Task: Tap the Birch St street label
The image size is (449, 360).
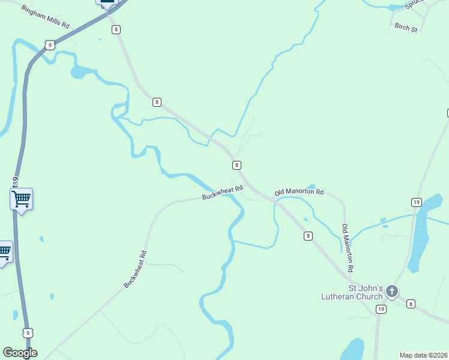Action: point(406,28)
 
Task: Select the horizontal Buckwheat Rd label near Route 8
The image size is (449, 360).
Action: point(222,193)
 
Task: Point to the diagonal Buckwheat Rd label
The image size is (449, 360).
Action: point(135,269)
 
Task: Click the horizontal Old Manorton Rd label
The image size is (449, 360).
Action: point(299,193)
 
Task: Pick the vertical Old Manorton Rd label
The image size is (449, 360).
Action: point(346,247)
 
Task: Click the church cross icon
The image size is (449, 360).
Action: point(391,292)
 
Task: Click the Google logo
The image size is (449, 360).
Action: point(20,353)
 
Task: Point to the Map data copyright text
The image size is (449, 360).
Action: point(423,355)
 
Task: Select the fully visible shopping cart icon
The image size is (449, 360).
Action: point(21,198)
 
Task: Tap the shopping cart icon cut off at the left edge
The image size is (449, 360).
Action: point(4,251)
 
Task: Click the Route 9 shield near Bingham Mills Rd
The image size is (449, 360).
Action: point(50,44)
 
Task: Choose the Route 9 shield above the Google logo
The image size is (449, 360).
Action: point(28,332)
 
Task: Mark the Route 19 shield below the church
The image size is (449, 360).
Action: point(381,309)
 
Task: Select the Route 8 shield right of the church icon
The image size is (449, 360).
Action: point(411,304)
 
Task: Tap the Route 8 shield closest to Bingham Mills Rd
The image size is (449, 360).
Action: point(116,29)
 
